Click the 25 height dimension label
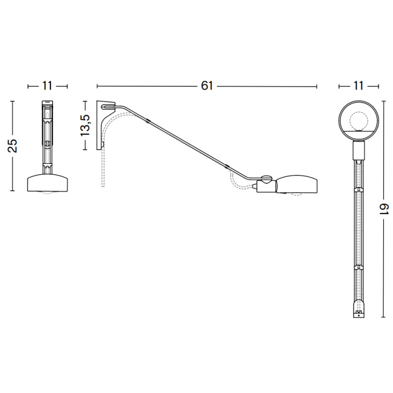(x=13, y=146)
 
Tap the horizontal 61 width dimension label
(x=207, y=85)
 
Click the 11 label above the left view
(x=47, y=85)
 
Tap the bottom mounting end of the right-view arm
(x=359, y=311)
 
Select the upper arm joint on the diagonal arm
(x=148, y=120)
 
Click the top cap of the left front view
(x=47, y=104)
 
